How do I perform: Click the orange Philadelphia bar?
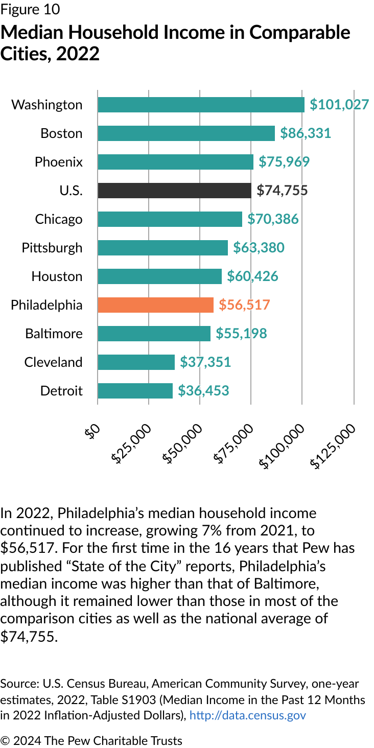click(x=155, y=305)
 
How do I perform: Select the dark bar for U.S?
click(x=174, y=191)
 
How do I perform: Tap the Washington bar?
click(x=201, y=105)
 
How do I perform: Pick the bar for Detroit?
click(x=135, y=391)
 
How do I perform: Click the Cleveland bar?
click(x=136, y=362)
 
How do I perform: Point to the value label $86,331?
click(x=306, y=133)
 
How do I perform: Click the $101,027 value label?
click(x=339, y=105)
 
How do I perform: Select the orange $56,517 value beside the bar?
click(x=244, y=305)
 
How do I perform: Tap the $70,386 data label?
click(x=273, y=219)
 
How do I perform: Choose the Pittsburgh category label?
click(x=52, y=248)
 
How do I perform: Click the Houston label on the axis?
click(x=57, y=276)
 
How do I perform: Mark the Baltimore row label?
click(x=54, y=334)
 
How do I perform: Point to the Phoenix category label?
click(x=58, y=162)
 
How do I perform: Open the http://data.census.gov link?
click(x=247, y=715)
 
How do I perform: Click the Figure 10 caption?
click(x=30, y=9)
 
